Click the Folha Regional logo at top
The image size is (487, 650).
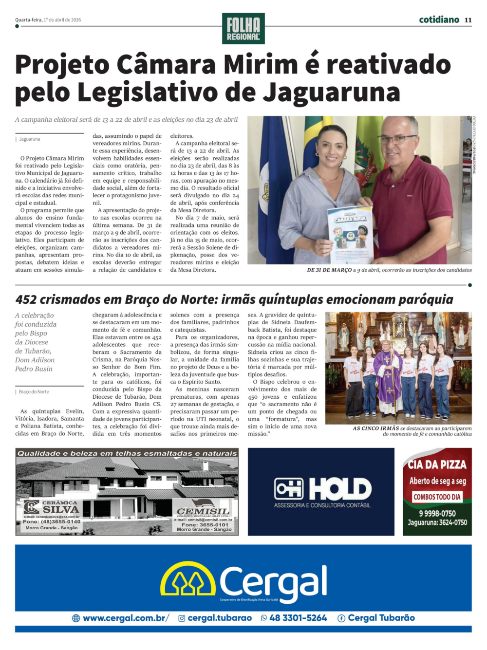pyautogui.click(x=243, y=28)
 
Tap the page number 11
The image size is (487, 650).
pyautogui.click(x=468, y=20)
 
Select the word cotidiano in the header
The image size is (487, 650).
pyautogui.click(x=439, y=19)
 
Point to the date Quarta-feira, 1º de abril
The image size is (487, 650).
pyautogui.click(x=48, y=20)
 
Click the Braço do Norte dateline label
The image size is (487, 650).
pyautogui.click(x=34, y=391)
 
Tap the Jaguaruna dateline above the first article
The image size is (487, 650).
pyautogui.click(x=30, y=139)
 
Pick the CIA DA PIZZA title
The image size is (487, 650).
pyautogui.click(x=437, y=464)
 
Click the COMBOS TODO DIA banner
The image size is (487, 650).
pyautogui.click(x=437, y=497)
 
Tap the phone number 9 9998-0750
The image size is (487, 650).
pyautogui.click(x=437, y=513)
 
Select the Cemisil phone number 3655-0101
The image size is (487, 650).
pyautogui.click(x=205, y=524)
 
